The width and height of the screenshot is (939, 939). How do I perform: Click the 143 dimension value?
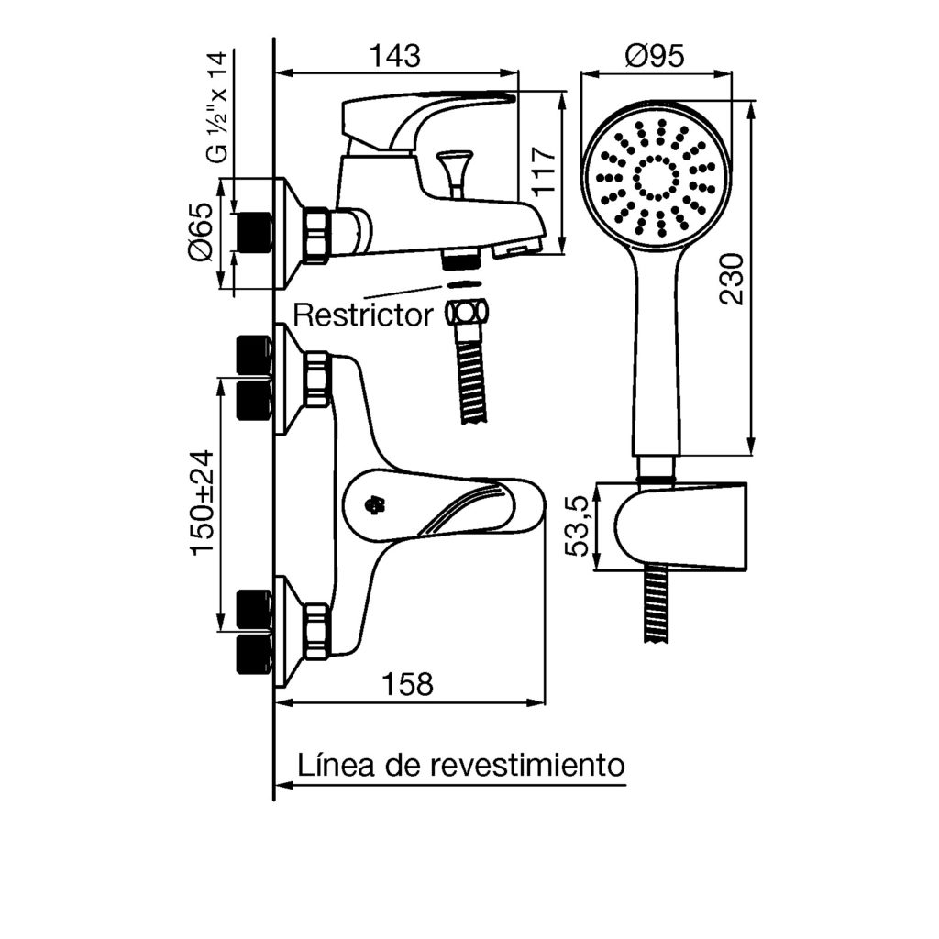[395, 56]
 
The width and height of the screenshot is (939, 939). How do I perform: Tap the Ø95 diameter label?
[656, 56]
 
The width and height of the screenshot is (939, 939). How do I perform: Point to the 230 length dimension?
[732, 280]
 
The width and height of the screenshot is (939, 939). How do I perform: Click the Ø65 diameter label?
[202, 235]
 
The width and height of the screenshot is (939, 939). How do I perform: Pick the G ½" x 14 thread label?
[215, 108]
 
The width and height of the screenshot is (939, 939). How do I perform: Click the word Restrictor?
[363, 316]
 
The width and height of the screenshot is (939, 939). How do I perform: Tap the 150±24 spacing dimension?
[203, 502]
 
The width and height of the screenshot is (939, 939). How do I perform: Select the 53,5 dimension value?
[580, 527]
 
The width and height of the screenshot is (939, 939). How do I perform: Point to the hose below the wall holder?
[656, 606]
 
